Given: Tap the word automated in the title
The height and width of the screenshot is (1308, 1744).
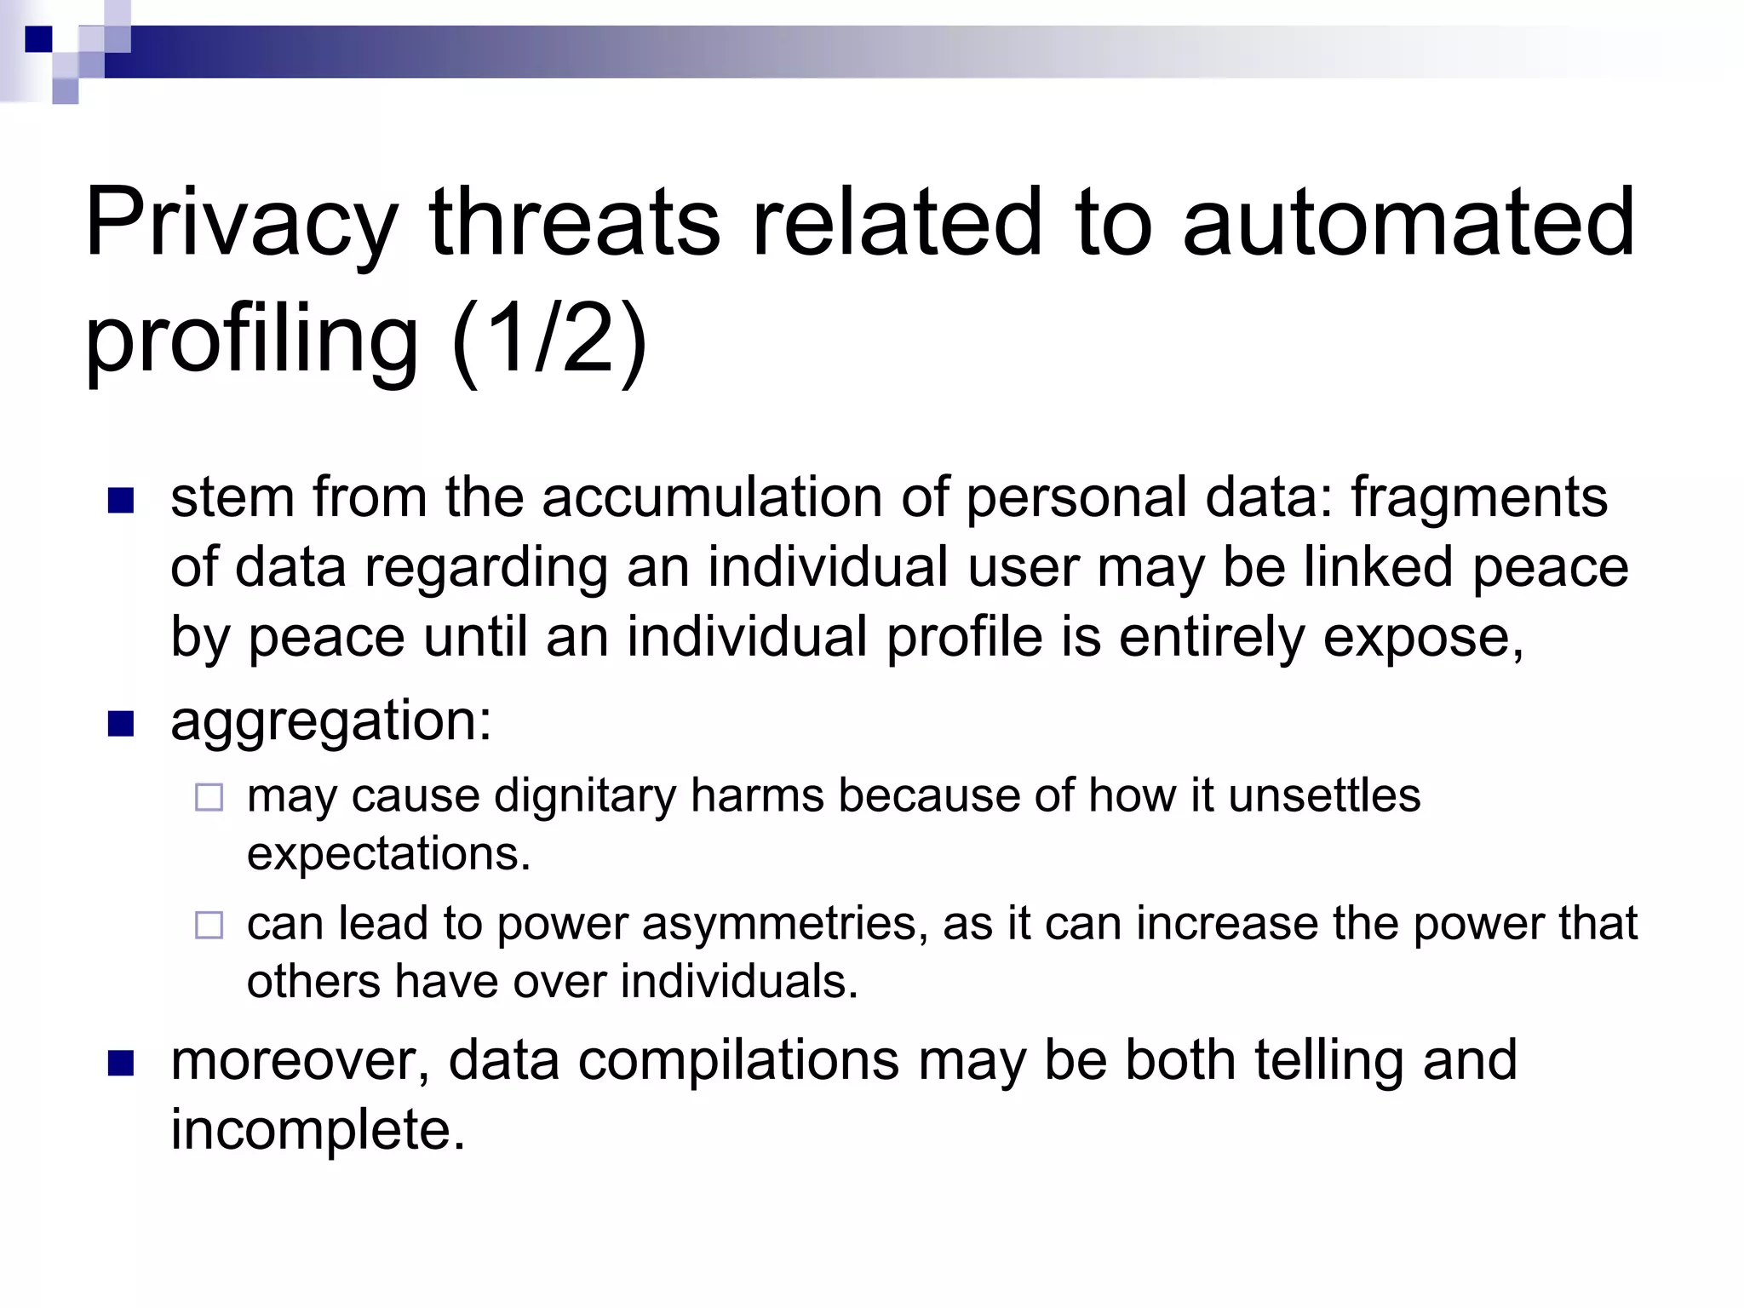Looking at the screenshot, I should pyautogui.click(x=1408, y=223).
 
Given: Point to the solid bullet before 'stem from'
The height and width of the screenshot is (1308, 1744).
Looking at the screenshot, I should pyautogui.click(x=121, y=501).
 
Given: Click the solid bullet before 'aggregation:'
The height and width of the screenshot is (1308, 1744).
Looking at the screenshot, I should pyautogui.click(x=121, y=724).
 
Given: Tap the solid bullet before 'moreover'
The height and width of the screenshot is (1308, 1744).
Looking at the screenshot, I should pyautogui.click(x=121, y=1064).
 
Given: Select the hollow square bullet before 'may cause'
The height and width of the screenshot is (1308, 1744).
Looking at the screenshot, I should pyautogui.click(x=209, y=798).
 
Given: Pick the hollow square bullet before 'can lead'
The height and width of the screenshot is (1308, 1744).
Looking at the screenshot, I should pyautogui.click(x=209, y=926).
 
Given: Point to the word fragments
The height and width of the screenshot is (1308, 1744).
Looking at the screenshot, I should pyautogui.click(x=1479, y=497).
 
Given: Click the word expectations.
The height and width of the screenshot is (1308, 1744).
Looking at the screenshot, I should pyautogui.click(x=388, y=853).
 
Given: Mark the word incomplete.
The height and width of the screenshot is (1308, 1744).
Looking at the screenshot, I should pyautogui.click(x=318, y=1131).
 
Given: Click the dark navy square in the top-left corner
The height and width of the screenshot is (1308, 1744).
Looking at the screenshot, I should pyautogui.click(x=38, y=39).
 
